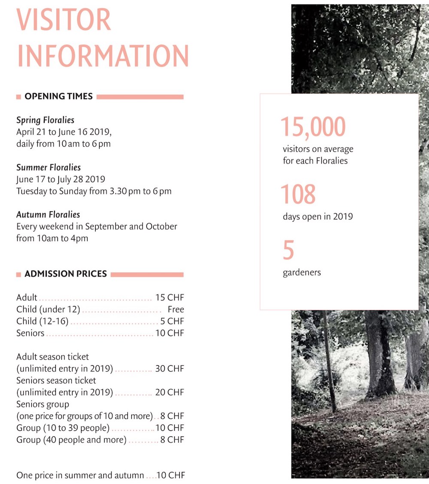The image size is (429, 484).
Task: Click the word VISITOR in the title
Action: [x=64, y=19]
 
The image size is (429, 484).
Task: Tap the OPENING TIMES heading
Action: [x=58, y=96]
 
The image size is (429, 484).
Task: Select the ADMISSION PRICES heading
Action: [x=66, y=274]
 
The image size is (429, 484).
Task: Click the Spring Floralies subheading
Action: [x=45, y=120]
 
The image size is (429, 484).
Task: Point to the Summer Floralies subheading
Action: [x=48, y=168]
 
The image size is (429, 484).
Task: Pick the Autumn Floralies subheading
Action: [x=48, y=215]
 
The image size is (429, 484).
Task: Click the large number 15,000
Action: [x=313, y=127]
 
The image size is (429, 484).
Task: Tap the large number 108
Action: [x=298, y=194]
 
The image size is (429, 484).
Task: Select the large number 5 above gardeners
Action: [x=288, y=250]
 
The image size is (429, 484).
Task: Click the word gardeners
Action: [x=302, y=272]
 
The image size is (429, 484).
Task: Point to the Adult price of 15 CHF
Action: [x=169, y=298]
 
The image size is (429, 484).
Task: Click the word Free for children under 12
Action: [x=176, y=310]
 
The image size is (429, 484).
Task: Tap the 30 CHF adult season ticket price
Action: [x=169, y=369]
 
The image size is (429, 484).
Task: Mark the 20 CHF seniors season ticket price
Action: [x=169, y=392]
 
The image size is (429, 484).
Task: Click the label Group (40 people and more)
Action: [x=71, y=440]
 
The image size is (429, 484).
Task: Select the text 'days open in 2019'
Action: [x=317, y=216]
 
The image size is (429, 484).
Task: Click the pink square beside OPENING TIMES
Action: [x=18, y=97]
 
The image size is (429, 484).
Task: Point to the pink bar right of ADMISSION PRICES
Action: [x=147, y=274]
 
